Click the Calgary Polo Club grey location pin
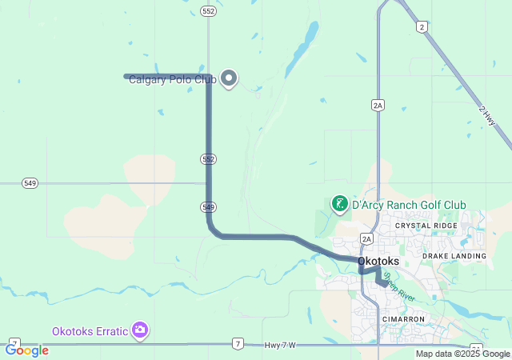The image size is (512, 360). pos(230,78)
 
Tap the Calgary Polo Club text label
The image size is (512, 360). pos(172,80)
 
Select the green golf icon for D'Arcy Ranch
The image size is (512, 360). pos(340,204)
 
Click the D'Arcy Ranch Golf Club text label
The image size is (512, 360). pos(409,205)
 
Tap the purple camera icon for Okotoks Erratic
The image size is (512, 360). pos(140,330)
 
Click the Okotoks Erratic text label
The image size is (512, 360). pos(90,331)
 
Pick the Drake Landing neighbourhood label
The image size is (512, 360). pos(454,256)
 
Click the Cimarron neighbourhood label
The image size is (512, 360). pos(403,319)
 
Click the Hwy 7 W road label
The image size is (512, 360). pos(280,345)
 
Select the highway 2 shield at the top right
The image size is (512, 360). pos(422,27)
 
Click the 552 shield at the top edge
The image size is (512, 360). pos(209,11)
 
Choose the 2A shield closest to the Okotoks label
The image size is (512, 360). pos(367,238)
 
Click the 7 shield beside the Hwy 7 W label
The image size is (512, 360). pos(238,344)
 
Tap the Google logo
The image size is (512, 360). pos(26,350)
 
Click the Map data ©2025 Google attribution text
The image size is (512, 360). pos(462,354)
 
